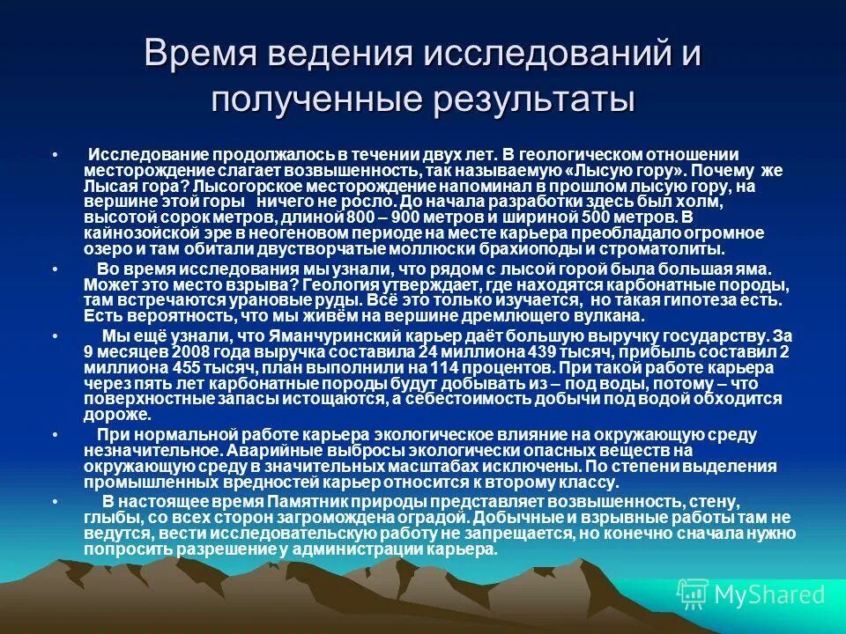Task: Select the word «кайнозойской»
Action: coord(137,233)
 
